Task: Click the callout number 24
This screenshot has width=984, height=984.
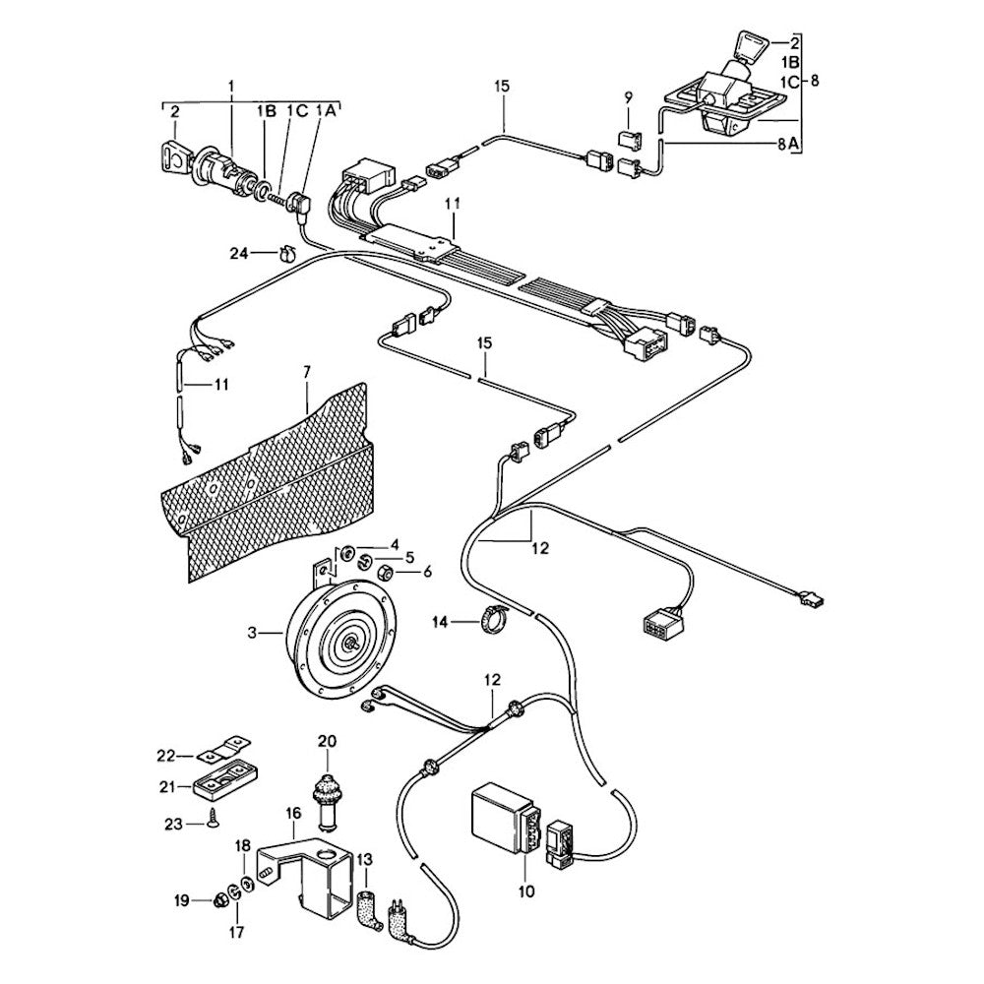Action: (x=240, y=253)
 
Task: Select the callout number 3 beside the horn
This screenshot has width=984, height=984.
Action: (x=252, y=634)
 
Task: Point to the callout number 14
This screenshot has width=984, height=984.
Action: (x=440, y=622)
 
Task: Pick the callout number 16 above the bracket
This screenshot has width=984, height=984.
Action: (x=292, y=814)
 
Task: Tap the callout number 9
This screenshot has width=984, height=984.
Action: (x=628, y=96)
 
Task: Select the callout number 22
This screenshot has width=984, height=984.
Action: (x=166, y=756)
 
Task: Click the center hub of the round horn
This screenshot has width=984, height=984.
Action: (x=351, y=643)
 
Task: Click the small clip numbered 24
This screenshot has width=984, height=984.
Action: (x=288, y=254)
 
